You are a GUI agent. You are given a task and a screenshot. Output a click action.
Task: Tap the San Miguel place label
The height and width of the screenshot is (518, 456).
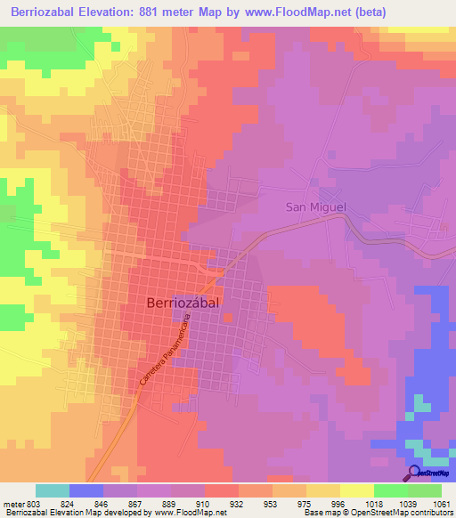pyautogui.click(x=314, y=207)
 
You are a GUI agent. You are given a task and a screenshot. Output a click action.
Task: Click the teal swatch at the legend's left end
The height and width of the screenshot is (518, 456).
pyautogui.click(x=53, y=490)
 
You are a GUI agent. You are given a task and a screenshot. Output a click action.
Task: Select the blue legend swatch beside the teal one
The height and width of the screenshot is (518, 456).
pyautogui.click(x=86, y=490)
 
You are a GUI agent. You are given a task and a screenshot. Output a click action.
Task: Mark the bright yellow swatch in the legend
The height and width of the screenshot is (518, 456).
pyautogui.click(x=357, y=490)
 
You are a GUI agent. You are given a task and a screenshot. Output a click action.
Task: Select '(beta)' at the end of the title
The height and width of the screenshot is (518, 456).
pyautogui.click(x=427, y=14)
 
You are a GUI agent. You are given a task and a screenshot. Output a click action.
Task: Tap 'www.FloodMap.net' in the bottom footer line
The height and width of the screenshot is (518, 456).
pyautogui.click(x=189, y=513)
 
